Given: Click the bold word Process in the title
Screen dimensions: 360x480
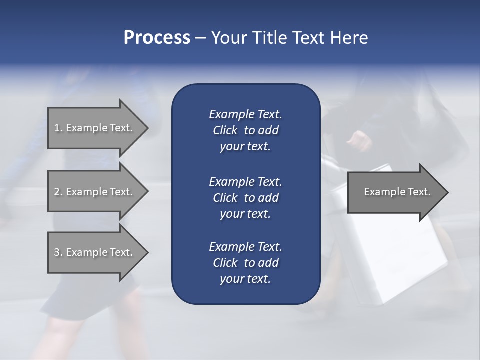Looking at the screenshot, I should click(x=157, y=38).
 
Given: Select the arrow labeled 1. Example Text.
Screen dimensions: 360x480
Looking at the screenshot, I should click(x=95, y=128).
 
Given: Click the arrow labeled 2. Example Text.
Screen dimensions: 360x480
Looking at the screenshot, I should click(x=95, y=192).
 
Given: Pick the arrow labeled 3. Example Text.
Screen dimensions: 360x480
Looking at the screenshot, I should click(x=95, y=252).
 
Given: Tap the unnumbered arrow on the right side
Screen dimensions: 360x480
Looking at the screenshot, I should click(x=395, y=192).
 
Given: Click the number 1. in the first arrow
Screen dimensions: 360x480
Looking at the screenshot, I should click(x=58, y=128).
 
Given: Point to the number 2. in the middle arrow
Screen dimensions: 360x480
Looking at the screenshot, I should click(x=58, y=192).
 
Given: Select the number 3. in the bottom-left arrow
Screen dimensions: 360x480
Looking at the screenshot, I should click(x=58, y=252).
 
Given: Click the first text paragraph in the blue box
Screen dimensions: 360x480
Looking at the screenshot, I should click(x=245, y=130).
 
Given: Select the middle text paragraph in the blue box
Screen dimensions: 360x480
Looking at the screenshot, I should click(x=245, y=197).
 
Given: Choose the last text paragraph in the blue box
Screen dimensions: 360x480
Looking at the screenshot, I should click(x=245, y=263).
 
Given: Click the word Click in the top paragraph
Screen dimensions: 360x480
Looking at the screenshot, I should click(x=225, y=130).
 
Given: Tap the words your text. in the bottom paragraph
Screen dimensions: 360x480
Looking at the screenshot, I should click(x=245, y=279).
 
